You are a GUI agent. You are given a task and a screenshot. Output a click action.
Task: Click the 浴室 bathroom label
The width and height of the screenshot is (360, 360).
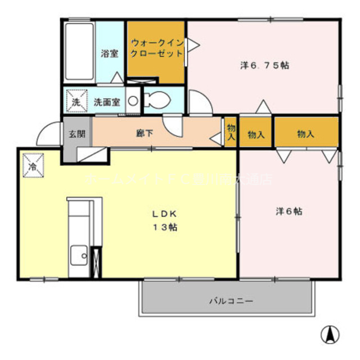click(x=109, y=53)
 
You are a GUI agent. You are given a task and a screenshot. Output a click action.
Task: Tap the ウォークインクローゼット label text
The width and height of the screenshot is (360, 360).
click(x=157, y=48)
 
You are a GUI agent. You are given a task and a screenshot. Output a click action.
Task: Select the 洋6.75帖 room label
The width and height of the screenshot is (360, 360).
click(x=264, y=65)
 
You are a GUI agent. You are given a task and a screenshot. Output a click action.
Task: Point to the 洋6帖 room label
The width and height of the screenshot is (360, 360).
click(x=289, y=211)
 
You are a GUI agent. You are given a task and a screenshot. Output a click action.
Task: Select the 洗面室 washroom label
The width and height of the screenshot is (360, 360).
click(x=106, y=102)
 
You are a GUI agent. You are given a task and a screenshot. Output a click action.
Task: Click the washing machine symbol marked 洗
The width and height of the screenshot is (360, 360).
click(x=76, y=101)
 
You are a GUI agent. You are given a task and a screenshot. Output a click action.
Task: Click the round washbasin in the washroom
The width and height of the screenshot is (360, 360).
click(x=133, y=102)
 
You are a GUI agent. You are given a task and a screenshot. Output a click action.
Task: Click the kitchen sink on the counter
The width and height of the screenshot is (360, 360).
click(x=78, y=258)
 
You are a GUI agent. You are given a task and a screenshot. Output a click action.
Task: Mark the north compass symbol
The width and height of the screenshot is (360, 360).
click(x=330, y=335)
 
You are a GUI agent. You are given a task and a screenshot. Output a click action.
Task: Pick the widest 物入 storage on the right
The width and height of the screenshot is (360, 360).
click(x=305, y=134)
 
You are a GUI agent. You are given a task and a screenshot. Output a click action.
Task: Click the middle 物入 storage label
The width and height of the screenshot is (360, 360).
click(x=256, y=134)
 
